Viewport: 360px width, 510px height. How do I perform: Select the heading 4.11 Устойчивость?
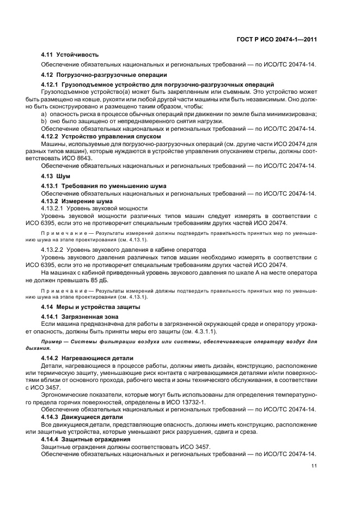(70, 54)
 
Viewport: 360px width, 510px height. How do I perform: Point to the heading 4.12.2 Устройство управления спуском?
(101, 136)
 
